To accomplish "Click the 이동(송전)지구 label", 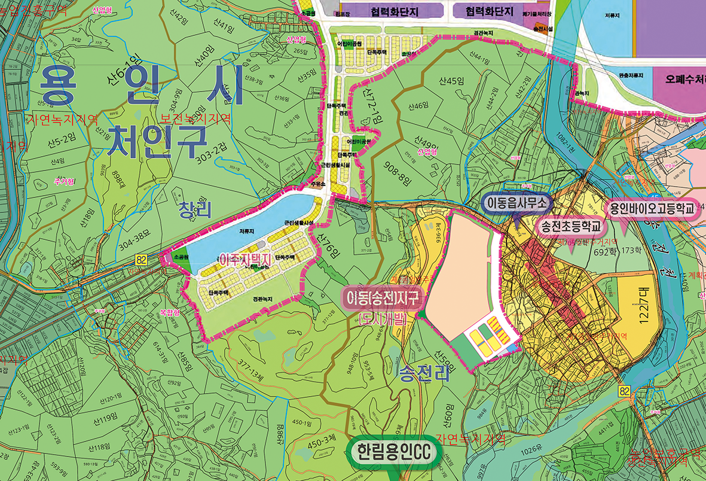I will pyautogui.click(x=383, y=296).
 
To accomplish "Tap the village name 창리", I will pyautogui.click(x=195, y=209).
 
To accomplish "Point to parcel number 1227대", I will pyautogui.click(x=643, y=310).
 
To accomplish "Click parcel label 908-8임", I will pyautogui.click(x=395, y=171).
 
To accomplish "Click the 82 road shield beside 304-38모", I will pyautogui.click(x=141, y=258).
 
